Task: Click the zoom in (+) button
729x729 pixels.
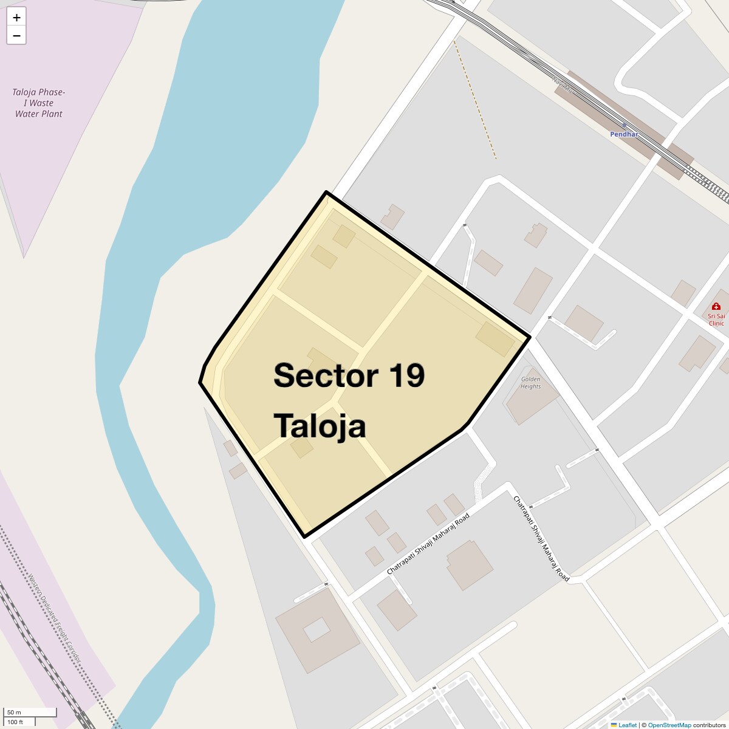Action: (16, 18)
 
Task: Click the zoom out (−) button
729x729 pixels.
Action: (16, 36)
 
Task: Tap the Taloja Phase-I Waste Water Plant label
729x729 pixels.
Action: (39, 103)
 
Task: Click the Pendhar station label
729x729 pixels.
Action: (624, 134)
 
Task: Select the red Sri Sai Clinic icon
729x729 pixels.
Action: (716, 307)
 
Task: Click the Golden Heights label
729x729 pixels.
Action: (530, 383)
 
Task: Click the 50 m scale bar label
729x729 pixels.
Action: (14, 712)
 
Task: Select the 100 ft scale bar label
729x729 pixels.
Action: (15, 722)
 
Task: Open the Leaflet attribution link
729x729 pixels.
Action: (627, 725)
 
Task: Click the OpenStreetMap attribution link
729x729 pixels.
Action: (669, 725)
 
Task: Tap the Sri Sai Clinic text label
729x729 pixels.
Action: (716, 320)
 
